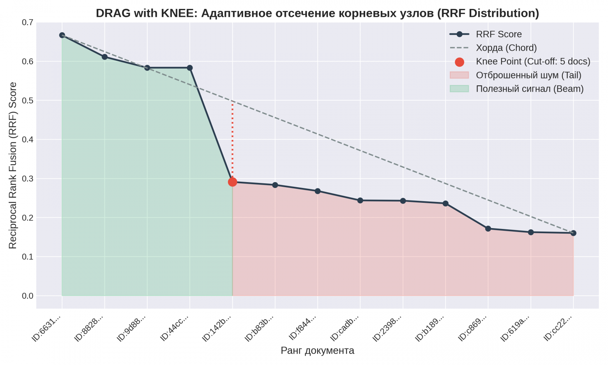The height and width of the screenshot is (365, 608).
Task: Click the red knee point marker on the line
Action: click(232, 182)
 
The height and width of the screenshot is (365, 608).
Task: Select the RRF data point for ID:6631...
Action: click(62, 35)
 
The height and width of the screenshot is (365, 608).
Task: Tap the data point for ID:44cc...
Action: click(190, 68)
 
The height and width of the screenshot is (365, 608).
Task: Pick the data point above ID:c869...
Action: click(488, 229)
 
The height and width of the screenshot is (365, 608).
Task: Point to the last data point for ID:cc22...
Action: click(573, 233)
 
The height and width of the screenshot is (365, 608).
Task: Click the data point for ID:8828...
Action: click(104, 57)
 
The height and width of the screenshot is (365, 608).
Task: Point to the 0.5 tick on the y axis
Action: click(28, 101)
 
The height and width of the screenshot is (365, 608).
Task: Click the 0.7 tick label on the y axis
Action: click(28, 23)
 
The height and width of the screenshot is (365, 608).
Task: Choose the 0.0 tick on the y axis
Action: click(28, 296)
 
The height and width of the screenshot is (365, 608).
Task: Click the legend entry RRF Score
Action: click(498, 34)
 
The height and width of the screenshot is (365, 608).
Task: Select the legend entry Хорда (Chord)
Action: click(506, 48)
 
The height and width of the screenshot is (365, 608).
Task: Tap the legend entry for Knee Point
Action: click(533, 62)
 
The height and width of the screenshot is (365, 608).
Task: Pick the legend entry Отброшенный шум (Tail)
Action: click(528, 75)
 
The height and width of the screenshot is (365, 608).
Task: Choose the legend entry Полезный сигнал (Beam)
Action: click(529, 89)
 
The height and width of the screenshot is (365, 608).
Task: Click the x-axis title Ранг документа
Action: click(317, 351)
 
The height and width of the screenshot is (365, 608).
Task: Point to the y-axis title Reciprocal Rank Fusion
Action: click(13, 165)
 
